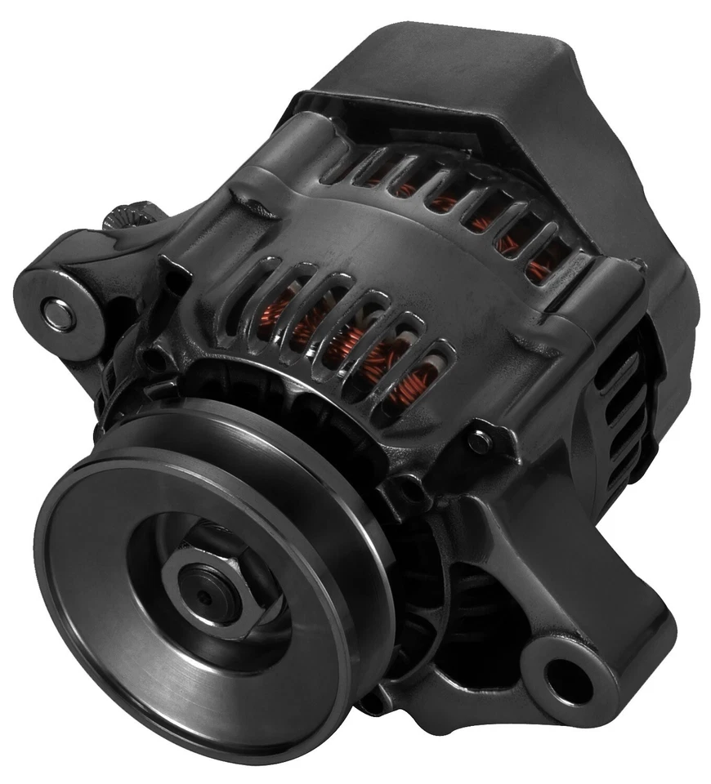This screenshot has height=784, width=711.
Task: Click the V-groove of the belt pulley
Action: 245,457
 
